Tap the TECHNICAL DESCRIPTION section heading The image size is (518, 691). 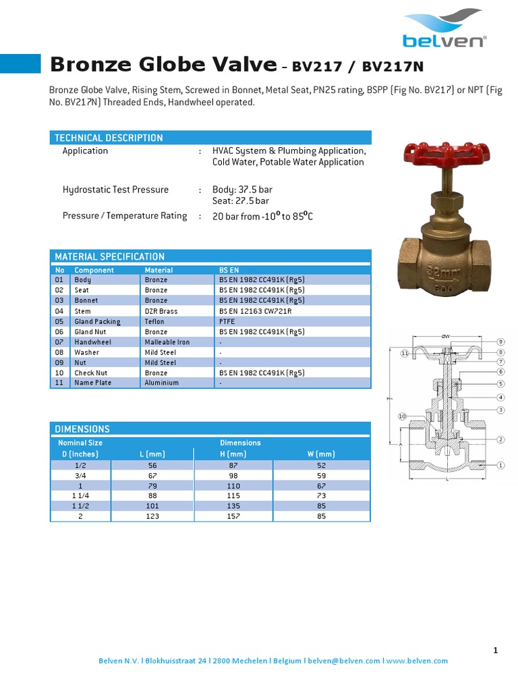pyautogui.click(x=109, y=138)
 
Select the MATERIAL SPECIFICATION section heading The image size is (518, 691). pyautogui.click(x=109, y=256)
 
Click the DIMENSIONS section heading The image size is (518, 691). pyautogui.click(x=82, y=429)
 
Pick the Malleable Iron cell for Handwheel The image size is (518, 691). pyautogui.click(x=167, y=342)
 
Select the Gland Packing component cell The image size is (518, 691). pyautogui.click(x=97, y=322)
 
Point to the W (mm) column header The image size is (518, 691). pyautogui.click(x=321, y=454)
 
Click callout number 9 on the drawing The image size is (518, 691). pyautogui.click(x=501, y=341)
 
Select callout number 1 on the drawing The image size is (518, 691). pyautogui.click(x=501, y=465)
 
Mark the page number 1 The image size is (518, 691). pyautogui.click(x=496, y=650)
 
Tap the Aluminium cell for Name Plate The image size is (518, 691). pyautogui.click(x=162, y=383)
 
